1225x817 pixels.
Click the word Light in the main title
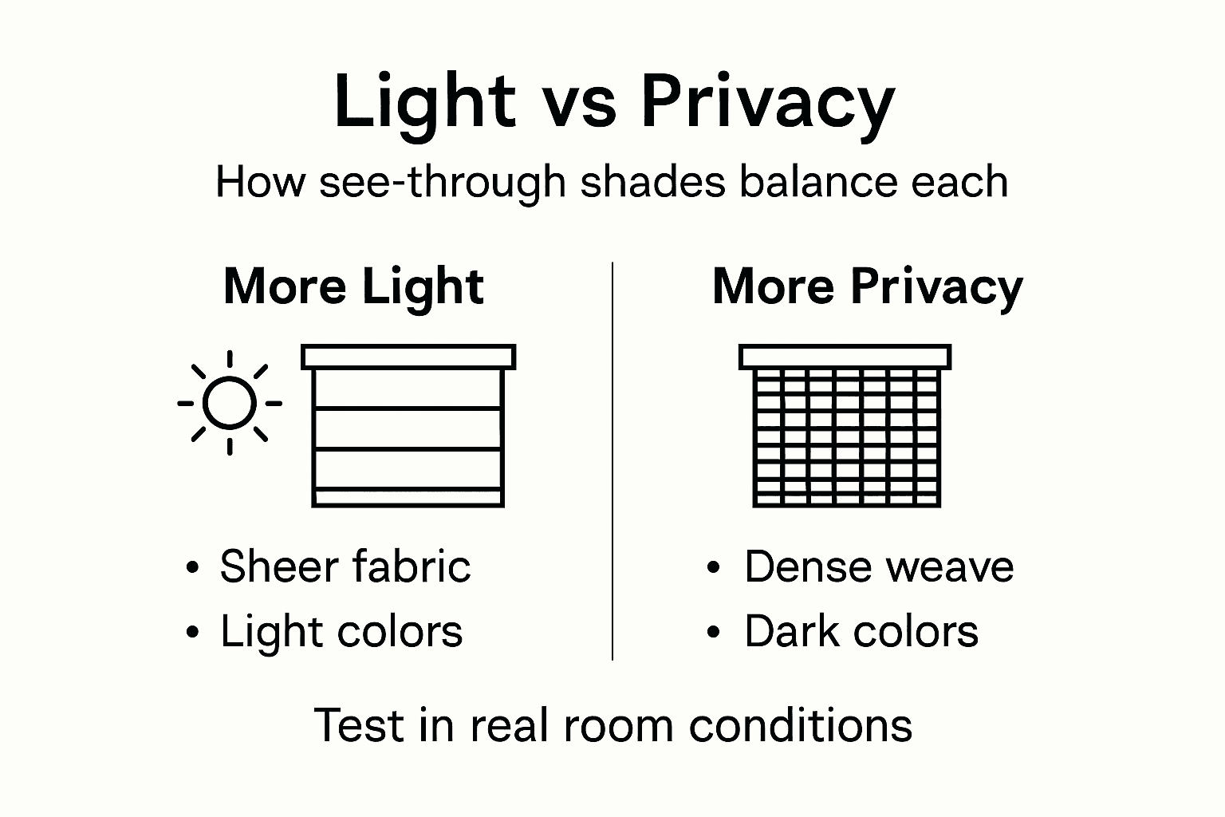[424, 101]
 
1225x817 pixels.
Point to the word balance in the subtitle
[808, 182]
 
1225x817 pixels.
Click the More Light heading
[353, 286]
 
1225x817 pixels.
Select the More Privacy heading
[867, 286]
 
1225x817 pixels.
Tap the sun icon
[230, 403]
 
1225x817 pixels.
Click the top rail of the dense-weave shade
[845, 357]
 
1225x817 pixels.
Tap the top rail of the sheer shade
[408, 357]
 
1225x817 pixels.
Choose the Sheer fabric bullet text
[345, 566]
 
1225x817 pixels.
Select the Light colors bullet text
[341, 632]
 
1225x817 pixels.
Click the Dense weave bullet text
[878, 566]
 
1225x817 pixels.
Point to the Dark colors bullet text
[861, 632]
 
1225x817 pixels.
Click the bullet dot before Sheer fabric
[191, 569]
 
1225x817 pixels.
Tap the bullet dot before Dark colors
[714, 633]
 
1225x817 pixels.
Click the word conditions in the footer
[800, 725]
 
